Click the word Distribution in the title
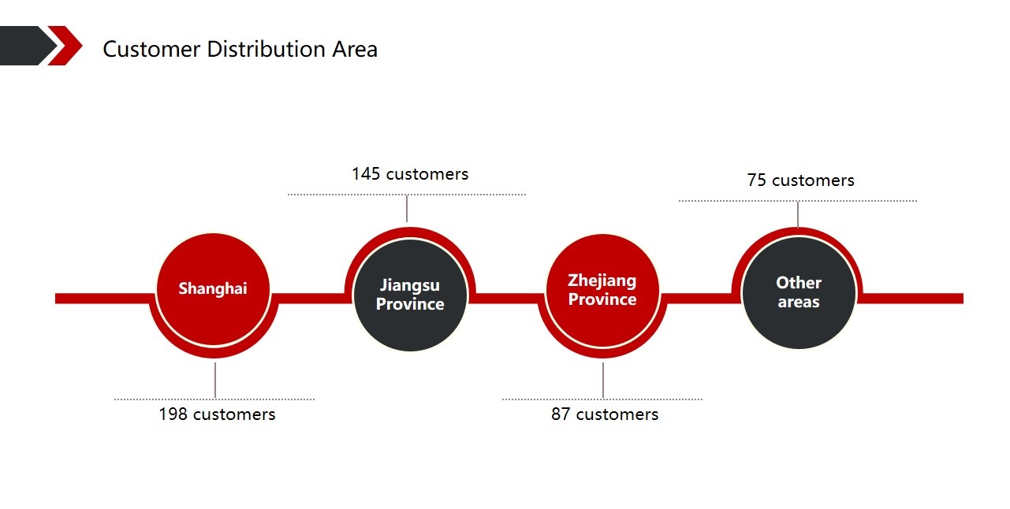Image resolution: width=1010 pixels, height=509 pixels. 266,49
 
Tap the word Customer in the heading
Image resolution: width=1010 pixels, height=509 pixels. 151,49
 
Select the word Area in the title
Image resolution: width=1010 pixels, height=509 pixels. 355,49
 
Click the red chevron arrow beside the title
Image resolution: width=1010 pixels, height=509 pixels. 65,46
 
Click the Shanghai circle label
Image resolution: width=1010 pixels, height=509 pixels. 213,288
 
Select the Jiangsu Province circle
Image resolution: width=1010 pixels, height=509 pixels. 410,295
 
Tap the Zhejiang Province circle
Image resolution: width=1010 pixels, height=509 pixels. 602,291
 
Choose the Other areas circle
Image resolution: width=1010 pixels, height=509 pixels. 799,293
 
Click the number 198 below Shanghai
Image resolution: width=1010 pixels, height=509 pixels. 173,414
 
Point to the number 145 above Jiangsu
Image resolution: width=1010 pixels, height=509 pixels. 366,174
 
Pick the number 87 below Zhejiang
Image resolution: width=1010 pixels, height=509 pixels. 561,414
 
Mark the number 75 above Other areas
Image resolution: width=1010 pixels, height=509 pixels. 757,180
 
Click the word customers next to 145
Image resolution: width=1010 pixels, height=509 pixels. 427,174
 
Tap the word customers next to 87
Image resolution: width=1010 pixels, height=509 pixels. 617,414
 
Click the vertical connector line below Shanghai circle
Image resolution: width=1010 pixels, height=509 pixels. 215,380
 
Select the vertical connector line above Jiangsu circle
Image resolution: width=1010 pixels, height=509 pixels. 407,209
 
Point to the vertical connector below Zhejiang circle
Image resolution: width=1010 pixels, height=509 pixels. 603,380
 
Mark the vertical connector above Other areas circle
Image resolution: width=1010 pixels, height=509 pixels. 798,214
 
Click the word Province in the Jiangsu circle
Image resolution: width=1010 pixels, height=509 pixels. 410,304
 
